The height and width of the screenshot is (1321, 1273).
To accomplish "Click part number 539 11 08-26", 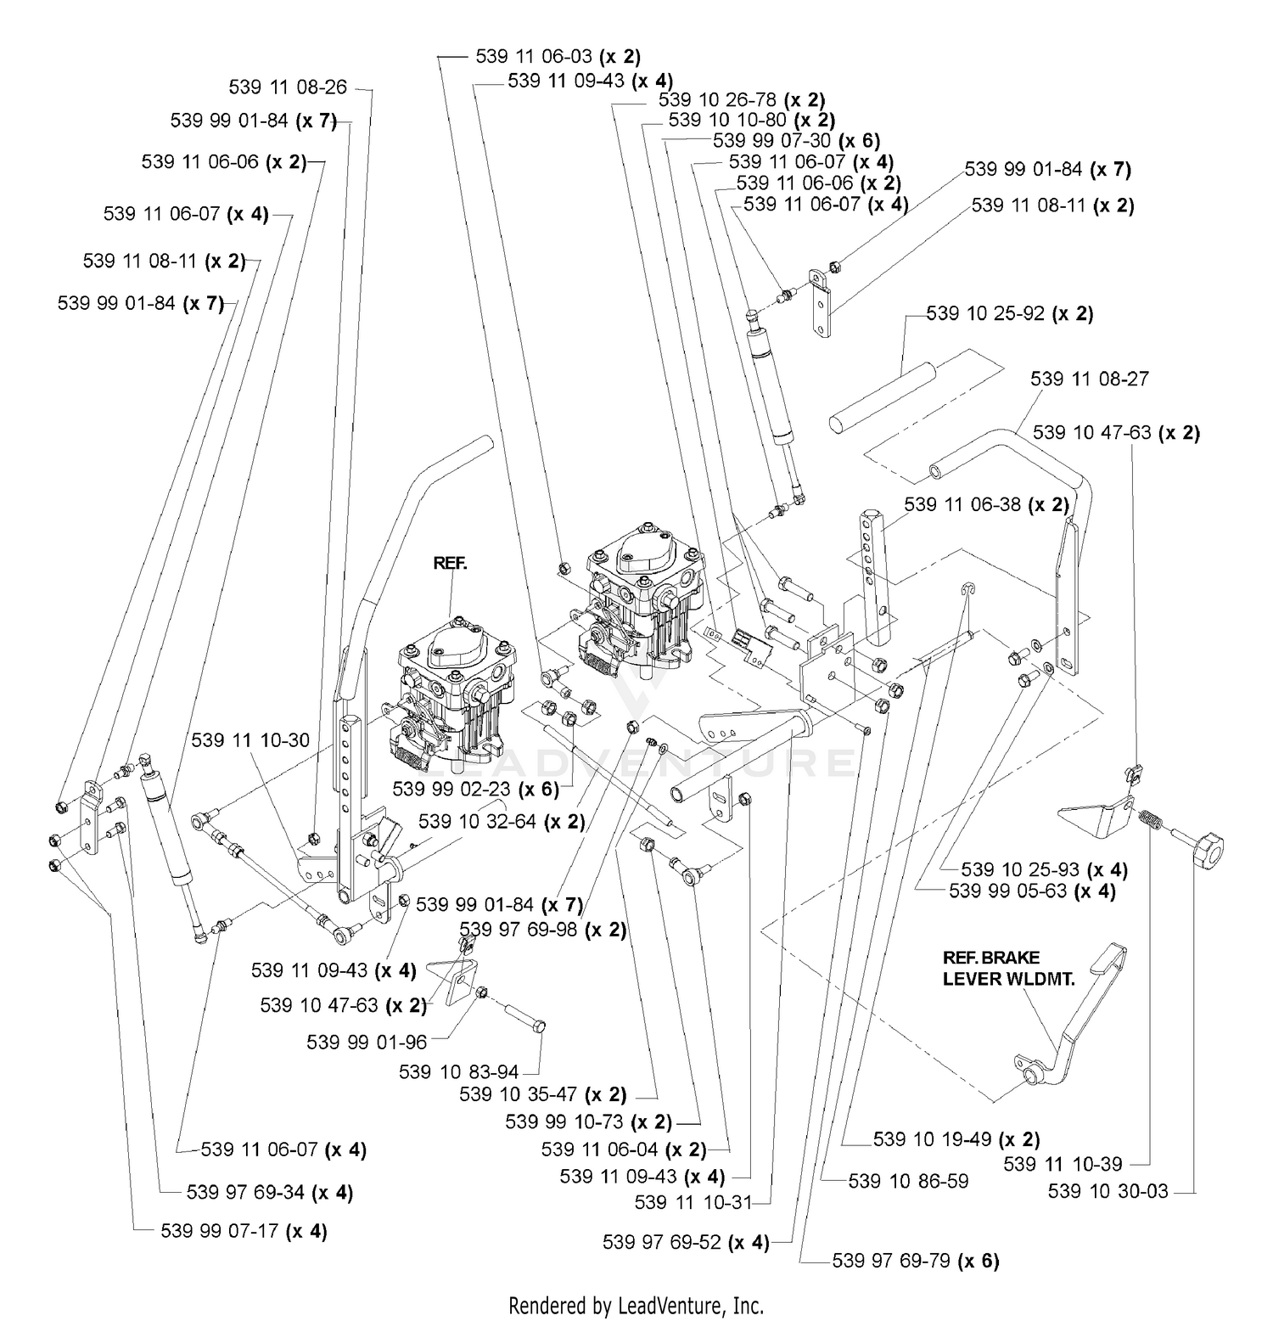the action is [x=288, y=87].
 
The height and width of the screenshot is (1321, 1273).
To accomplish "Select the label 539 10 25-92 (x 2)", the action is [x=1010, y=314].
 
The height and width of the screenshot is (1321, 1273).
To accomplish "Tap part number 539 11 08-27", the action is [x=1090, y=379].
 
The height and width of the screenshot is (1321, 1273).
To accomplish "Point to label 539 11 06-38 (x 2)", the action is [x=987, y=504].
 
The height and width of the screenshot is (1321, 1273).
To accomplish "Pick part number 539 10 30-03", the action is [x=1108, y=1191].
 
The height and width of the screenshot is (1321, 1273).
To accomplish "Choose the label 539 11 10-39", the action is [x=1063, y=1164].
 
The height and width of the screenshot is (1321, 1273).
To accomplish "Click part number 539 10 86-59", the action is [x=908, y=1181].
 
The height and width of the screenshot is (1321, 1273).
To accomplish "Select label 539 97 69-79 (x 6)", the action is [x=916, y=1261].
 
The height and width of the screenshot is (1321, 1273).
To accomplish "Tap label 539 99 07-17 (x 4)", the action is [x=244, y=1231].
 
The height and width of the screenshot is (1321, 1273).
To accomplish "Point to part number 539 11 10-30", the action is [x=250, y=740].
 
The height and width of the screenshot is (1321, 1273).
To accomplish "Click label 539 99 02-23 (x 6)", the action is [x=475, y=789].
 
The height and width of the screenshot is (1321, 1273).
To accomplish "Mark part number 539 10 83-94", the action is [x=459, y=1072].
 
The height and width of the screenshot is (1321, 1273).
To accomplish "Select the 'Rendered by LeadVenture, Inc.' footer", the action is [x=636, y=1305].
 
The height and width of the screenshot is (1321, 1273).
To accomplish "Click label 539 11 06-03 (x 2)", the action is [x=558, y=57].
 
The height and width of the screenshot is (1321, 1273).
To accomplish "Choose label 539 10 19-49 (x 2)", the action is [x=956, y=1139].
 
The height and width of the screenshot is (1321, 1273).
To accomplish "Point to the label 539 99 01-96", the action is [x=367, y=1042].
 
